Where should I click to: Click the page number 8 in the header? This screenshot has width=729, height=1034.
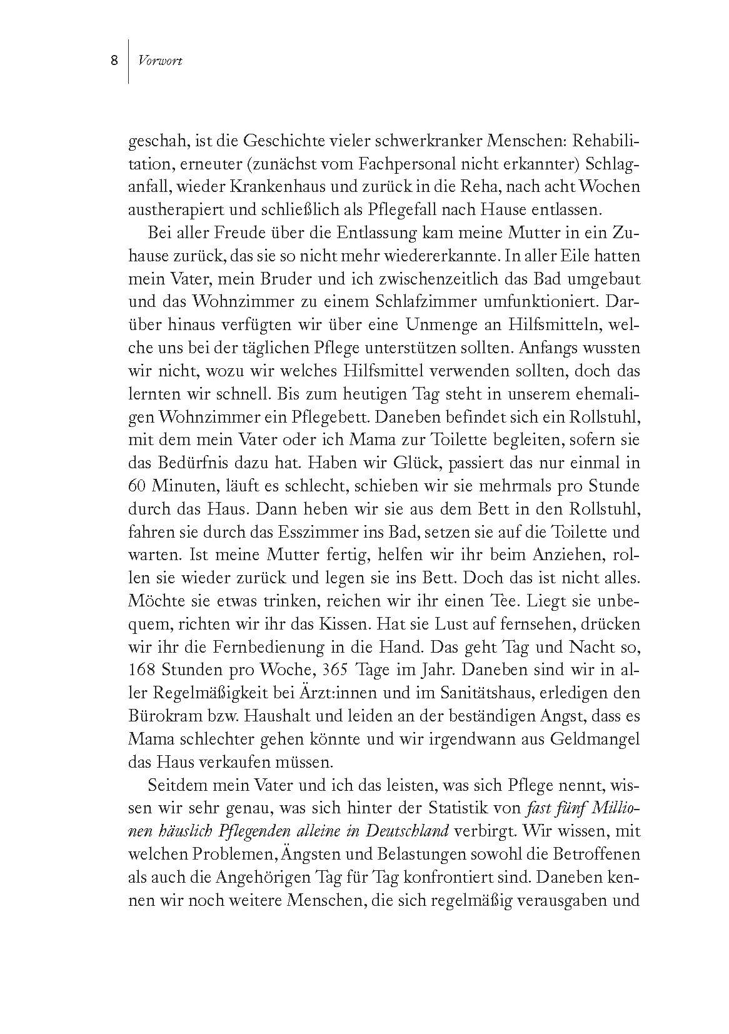pyautogui.click(x=114, y=61)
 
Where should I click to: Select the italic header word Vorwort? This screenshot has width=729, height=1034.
pyautogui.click(x=161, y=61)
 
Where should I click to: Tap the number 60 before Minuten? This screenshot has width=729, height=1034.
pyautogui.click(x=138, y=486)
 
